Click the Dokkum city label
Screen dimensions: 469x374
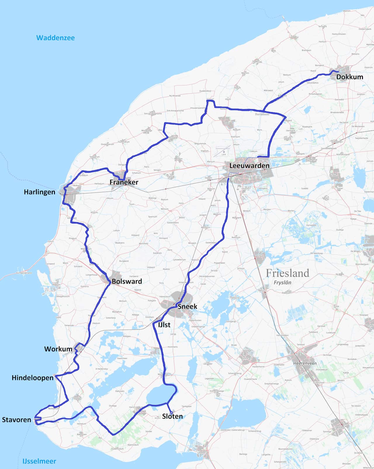[350, 77]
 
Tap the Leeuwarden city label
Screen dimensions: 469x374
[249, 166]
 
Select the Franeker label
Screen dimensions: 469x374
[124, 182]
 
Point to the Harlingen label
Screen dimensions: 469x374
[39, 192]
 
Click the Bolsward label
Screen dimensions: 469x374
[127, 282]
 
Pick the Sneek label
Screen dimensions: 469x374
[187, 307]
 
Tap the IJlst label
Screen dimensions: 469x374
[164, 325]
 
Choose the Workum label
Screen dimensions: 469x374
[58, 349]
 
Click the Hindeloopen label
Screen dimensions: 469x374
[32, 378]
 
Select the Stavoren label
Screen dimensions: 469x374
[16, 420]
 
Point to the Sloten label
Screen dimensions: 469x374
[172, 416]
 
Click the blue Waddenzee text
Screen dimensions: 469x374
[56, 38]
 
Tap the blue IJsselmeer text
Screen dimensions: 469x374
[39, 461]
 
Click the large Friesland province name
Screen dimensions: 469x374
[287, 273]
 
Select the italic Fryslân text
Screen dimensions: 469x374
[282, 282]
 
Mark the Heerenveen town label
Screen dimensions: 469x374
[305, 363]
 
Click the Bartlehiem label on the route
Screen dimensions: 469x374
[262, 114]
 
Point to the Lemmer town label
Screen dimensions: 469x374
[202, 453]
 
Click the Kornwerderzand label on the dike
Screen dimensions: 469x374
[24, 273]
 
